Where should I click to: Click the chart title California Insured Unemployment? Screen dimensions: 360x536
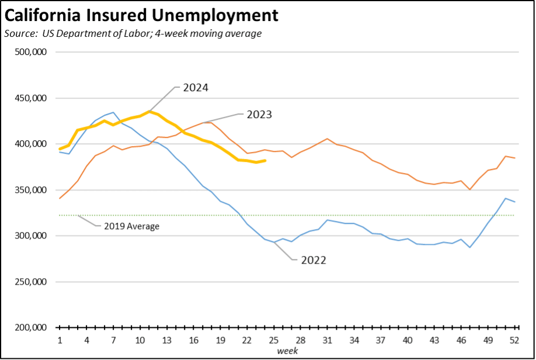pos(141,15)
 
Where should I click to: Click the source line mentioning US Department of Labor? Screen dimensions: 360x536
pos(133,33)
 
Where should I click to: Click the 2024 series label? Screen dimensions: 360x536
pos(196,88)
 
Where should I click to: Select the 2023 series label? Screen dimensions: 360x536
pos(259,114)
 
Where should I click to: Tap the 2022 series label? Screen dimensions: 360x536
pos(314,260)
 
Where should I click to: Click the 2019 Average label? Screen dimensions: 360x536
pos(131,226)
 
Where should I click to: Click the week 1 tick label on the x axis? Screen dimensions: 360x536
pos(60,340)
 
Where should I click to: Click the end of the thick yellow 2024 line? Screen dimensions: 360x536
pos(266,161)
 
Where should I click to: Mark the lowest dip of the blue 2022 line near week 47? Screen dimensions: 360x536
pos(469,248)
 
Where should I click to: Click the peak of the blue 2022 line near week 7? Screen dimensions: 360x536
pos(113,112)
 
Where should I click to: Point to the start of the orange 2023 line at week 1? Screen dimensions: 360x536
pos(60,199)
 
